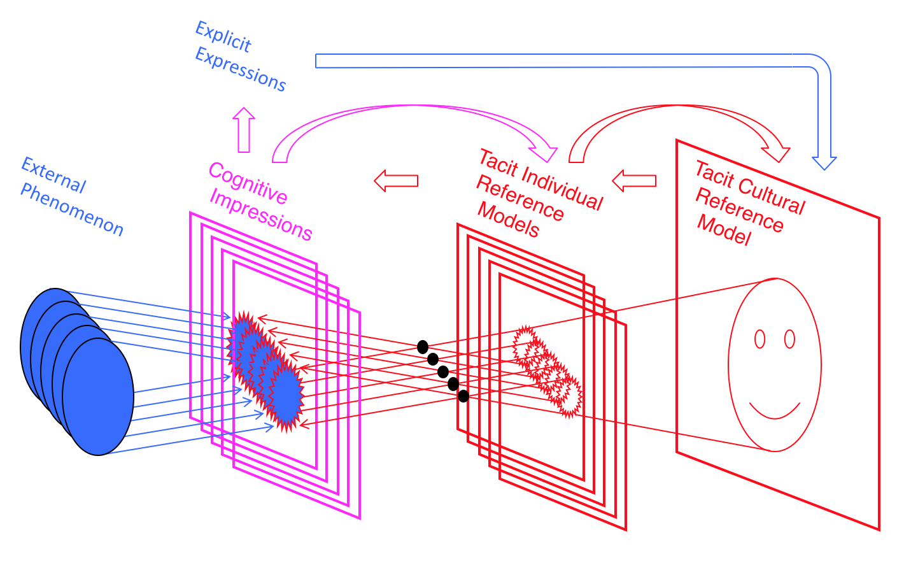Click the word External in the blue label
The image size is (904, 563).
coord(53,175)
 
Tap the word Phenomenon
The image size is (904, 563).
coord(72,210)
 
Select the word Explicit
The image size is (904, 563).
coord(223,37)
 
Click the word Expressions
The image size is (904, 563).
coord(241,69)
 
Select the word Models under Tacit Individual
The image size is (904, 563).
coord(509,220)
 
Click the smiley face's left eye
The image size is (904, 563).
coord(759,339)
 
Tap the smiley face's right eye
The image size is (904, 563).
coord(790,339)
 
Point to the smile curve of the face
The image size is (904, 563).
coord(775,411)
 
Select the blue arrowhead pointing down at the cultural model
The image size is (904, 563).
coord(824,162)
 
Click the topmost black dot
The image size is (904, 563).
coord(423,347)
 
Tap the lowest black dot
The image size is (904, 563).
coord(463,396)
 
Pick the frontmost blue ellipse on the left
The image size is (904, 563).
coord(98,396)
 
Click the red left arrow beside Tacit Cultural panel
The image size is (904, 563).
coord(634,181)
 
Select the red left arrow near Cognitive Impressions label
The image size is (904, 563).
coord(396,181)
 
